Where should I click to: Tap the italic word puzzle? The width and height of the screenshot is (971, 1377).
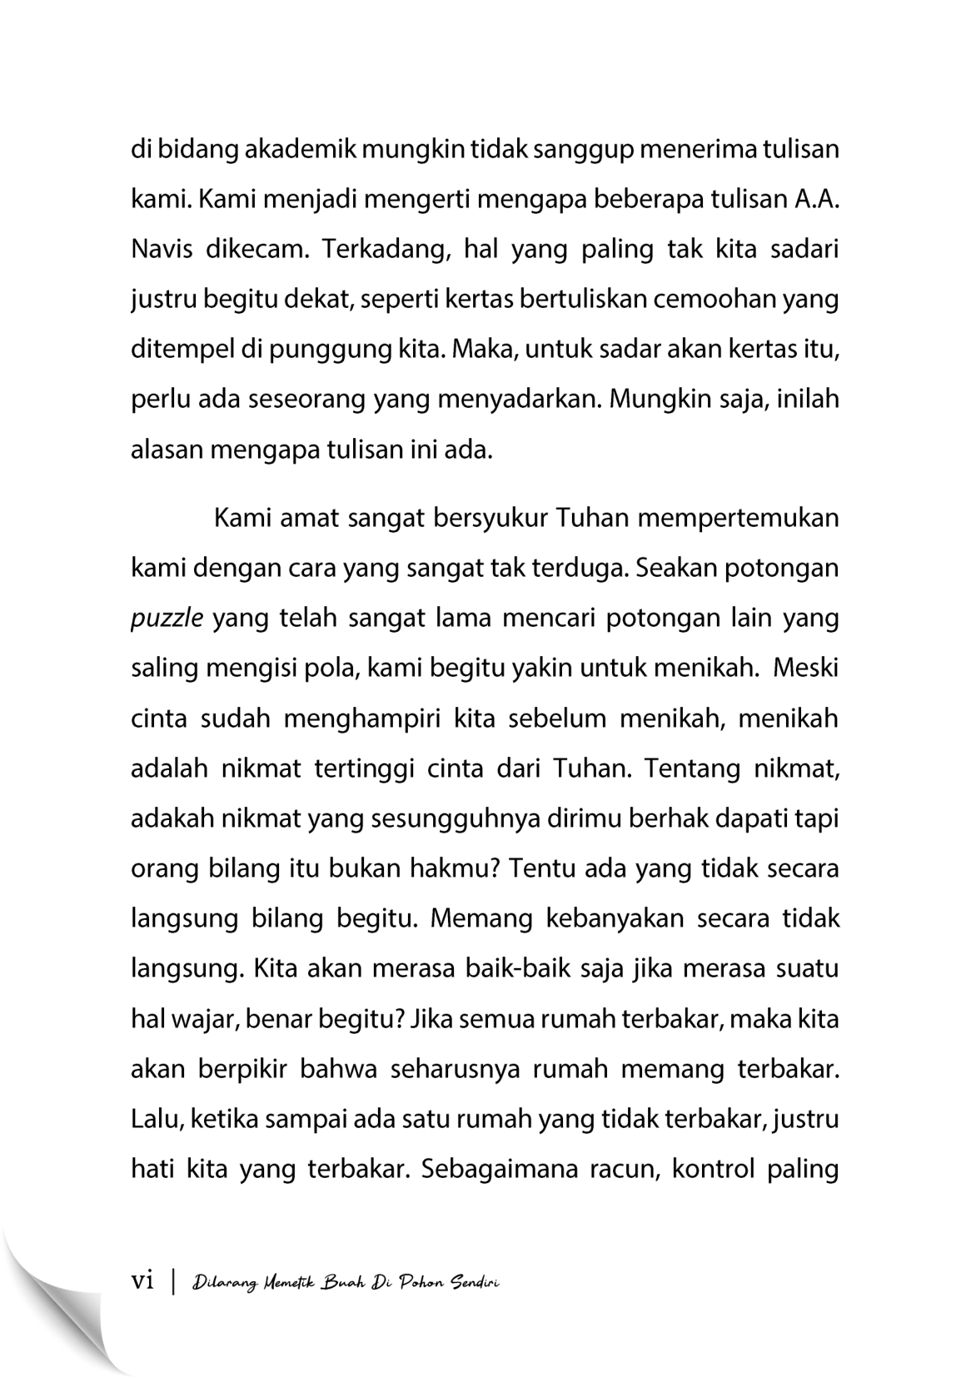coord(167,619)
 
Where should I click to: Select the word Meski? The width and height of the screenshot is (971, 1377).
coord(806,669)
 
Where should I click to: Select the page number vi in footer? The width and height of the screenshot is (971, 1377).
coord(143,1282)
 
